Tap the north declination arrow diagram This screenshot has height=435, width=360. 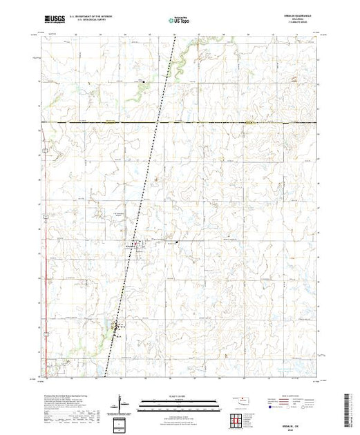coord(122,401)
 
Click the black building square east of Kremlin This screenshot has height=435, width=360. coord(178,242)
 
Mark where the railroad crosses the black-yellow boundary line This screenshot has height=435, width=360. coord(158,122)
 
